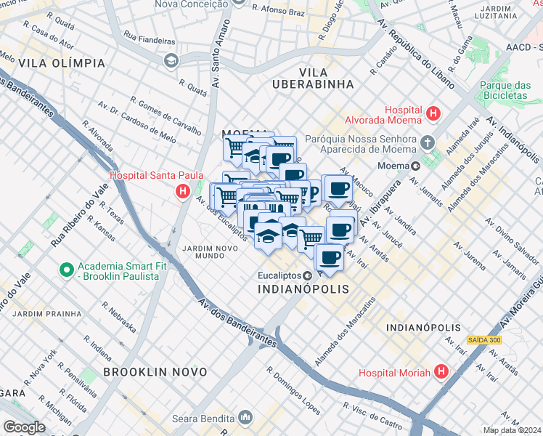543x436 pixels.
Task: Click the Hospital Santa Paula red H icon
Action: pos(183,191)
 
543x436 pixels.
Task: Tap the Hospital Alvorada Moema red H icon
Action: pos(434,113)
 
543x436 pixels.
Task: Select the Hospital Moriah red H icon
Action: pos(441,373)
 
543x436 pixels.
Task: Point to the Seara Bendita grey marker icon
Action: pos(245,418)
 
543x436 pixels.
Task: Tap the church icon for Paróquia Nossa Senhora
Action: pos(428,142)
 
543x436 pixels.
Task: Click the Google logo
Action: pos(24,427)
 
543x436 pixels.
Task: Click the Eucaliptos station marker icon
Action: pos(307,275)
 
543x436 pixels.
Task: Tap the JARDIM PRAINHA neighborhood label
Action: pos(36,313)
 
